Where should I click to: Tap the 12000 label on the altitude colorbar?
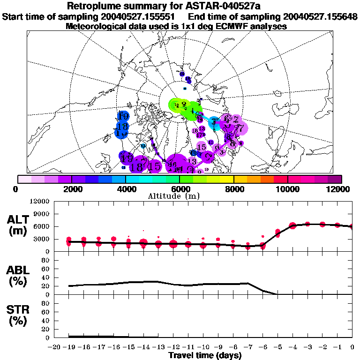point(341,189)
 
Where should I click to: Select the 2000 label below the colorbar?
point(71,189)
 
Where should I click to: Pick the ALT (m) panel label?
point(17,225)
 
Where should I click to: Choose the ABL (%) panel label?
point(17,276)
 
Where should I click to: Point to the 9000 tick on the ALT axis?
point(43,214)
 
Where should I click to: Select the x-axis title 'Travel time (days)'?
point(205,355)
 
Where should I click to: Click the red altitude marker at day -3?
point(307,225)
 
